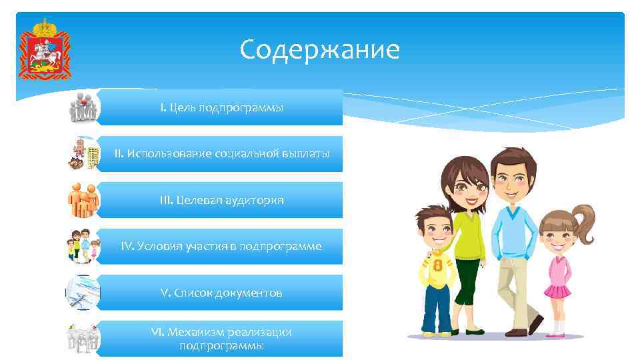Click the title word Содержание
320,49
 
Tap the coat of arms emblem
45,49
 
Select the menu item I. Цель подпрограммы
221,107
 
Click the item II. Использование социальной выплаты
221,153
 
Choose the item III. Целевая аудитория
221,200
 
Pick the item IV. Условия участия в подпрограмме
221,246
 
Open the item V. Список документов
221,293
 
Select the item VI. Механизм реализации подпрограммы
221,339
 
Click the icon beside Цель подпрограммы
83,108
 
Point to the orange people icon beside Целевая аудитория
83,200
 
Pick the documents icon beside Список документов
83,293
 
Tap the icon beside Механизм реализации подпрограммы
83,339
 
